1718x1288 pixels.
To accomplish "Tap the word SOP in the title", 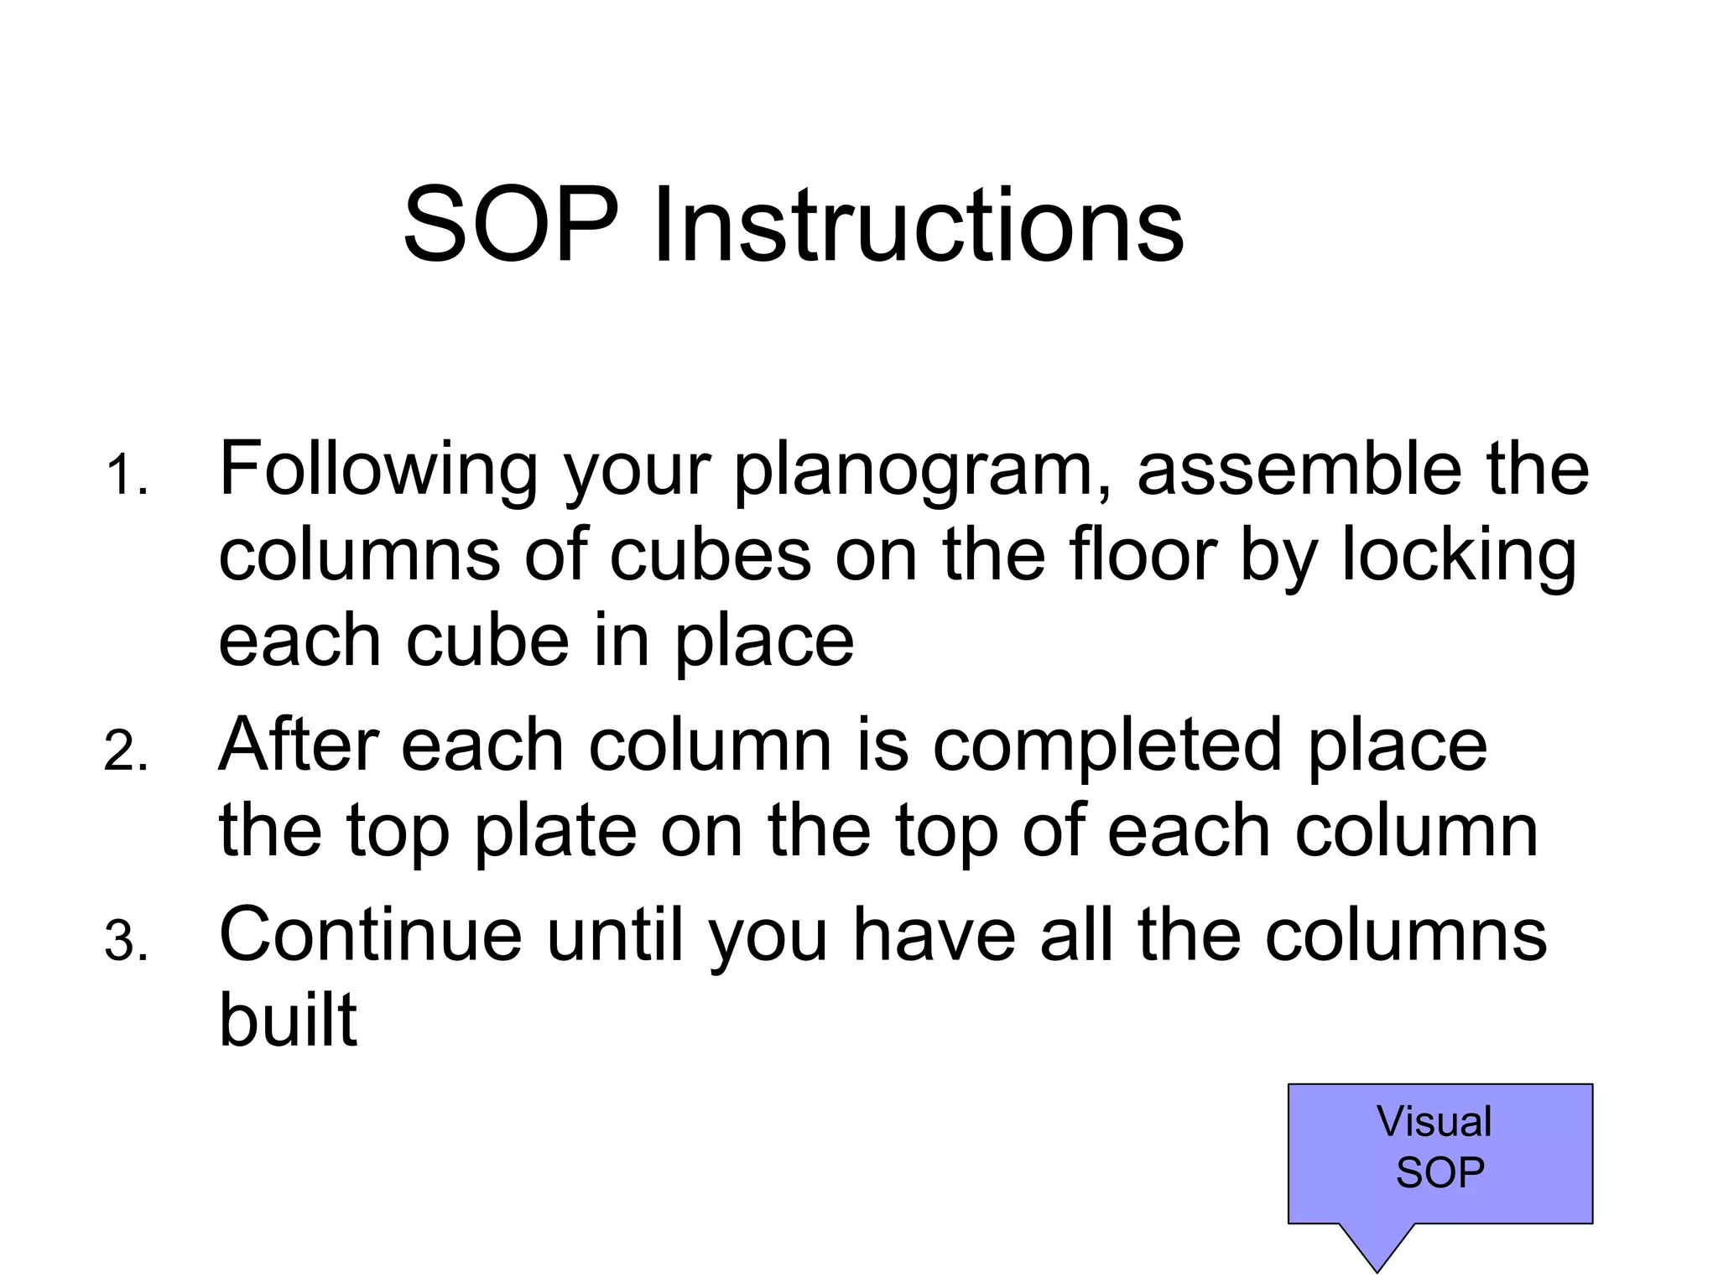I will click(511, 226).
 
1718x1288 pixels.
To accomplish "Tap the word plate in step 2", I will click(554, 833).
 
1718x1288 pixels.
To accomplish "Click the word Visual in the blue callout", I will click(1434, 1121).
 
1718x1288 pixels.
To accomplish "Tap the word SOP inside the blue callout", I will click(1439, 1171).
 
